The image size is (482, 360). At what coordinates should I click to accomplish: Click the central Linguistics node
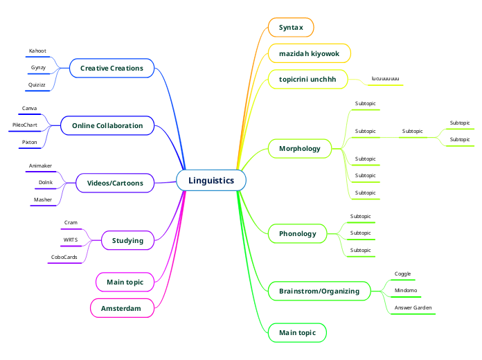(x=211, y=181)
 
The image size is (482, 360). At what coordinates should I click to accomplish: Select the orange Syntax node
(x=291, y=28)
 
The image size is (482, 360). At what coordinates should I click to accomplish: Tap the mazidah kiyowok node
(x=310, y=53)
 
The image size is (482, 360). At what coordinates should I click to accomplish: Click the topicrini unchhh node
(x=307, y=80)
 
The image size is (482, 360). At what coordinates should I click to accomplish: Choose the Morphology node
(x=300, y=149)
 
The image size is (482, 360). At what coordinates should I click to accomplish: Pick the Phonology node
(x=297, y=233)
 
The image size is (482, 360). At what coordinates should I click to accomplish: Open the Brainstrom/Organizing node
(x=319, y=291)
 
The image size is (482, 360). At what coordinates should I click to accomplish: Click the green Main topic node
(x=297, y=333)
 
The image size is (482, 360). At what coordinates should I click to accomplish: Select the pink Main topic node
(x=125, y=282)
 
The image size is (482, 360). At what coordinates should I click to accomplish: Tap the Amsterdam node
(x=121, y=308)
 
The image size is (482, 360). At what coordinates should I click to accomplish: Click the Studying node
(x=127, y=240)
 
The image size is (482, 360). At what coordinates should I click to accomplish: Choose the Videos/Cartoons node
(x=115, y=183)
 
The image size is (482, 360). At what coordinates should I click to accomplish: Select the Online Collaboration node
(x=107, y=125)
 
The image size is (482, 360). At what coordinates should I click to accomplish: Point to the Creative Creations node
(x=111, y=68)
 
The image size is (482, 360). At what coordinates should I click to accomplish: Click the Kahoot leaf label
(x=37, y=51)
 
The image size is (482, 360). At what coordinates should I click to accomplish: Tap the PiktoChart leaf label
(x=25, y=125)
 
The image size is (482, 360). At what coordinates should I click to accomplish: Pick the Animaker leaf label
(x=41, y=166)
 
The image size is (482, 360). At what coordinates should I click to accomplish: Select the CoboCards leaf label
(x=64, y=257)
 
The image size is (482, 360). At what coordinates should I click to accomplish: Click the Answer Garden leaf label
(x=413, y=307)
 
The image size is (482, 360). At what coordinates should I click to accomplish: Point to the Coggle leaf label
(x=402, y=274)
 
